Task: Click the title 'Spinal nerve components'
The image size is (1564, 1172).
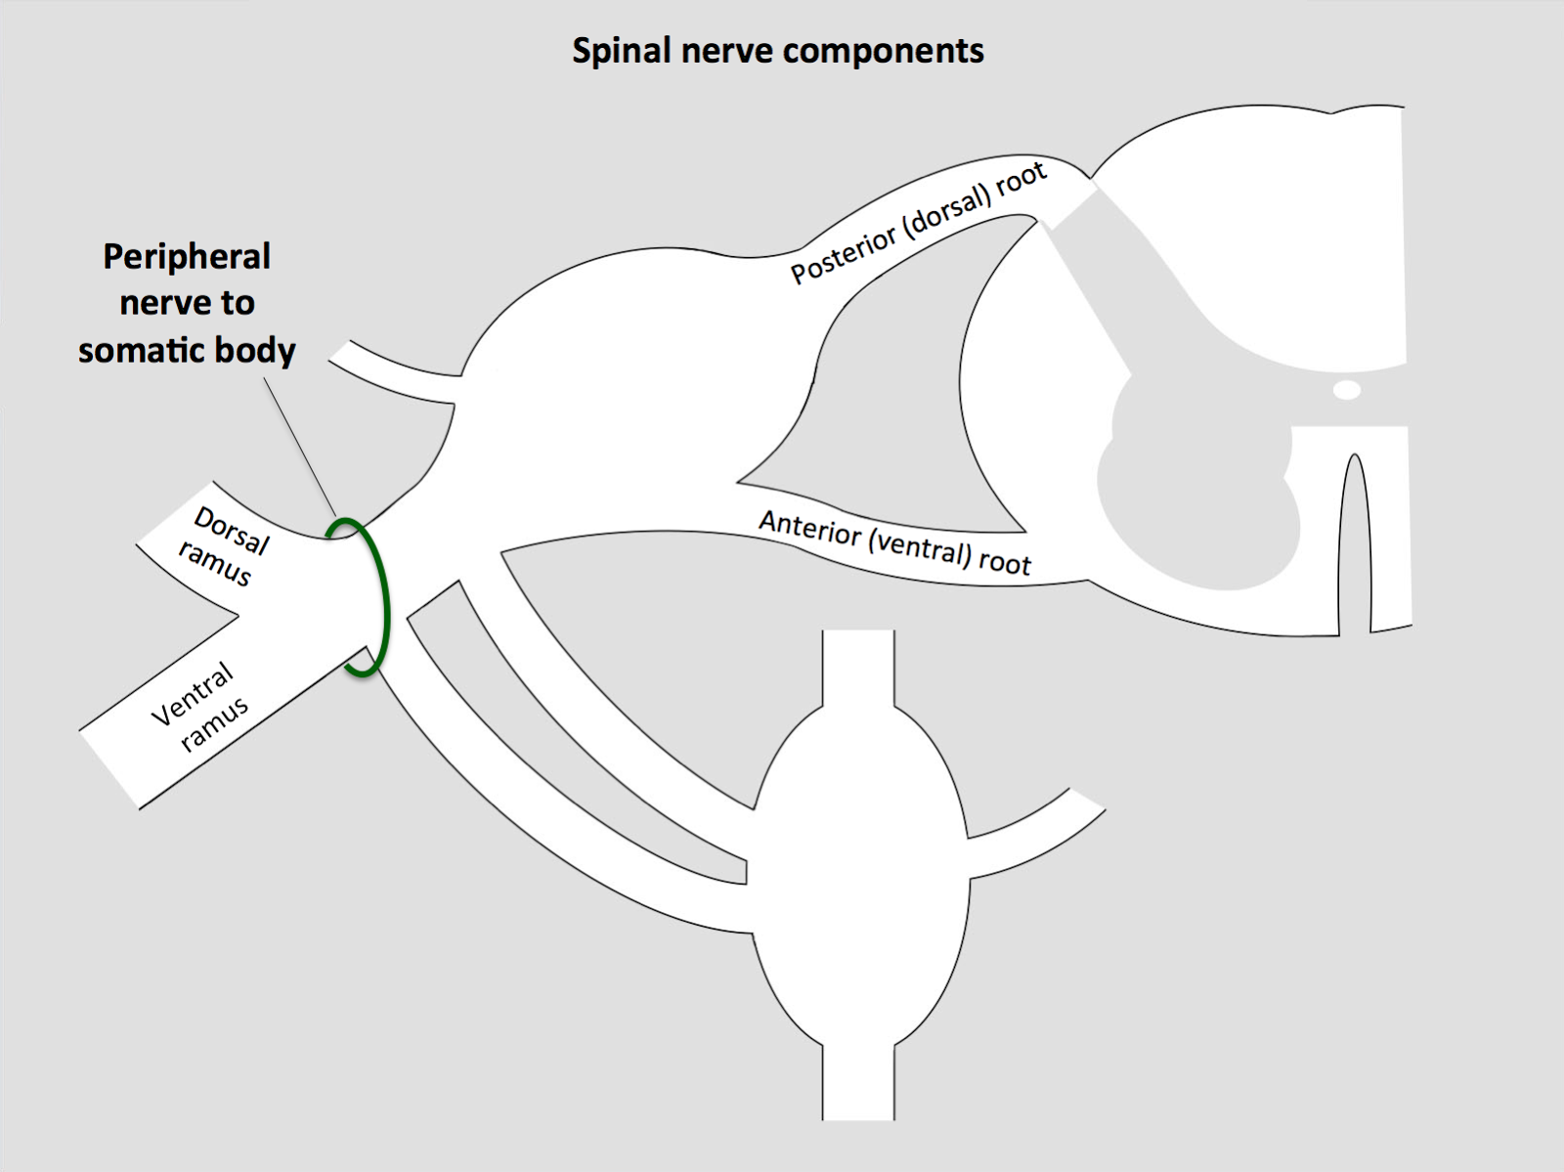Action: pyautogui.click(x=777, y=51)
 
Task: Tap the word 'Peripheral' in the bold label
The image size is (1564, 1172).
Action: pyautogui.click(x=186, y=257)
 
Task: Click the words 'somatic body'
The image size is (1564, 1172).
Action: pyautogui.click(x=186, y=350)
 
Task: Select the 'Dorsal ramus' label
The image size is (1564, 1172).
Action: pyautogui.click(x=223, y=547)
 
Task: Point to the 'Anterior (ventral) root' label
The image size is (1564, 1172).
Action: pyautogui.click(x=894, y=543)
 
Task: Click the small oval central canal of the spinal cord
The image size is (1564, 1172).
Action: pyautogui.click(x=1347, y=391)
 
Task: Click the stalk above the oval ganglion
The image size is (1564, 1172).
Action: pyautogui.click(x=858, y=665)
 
